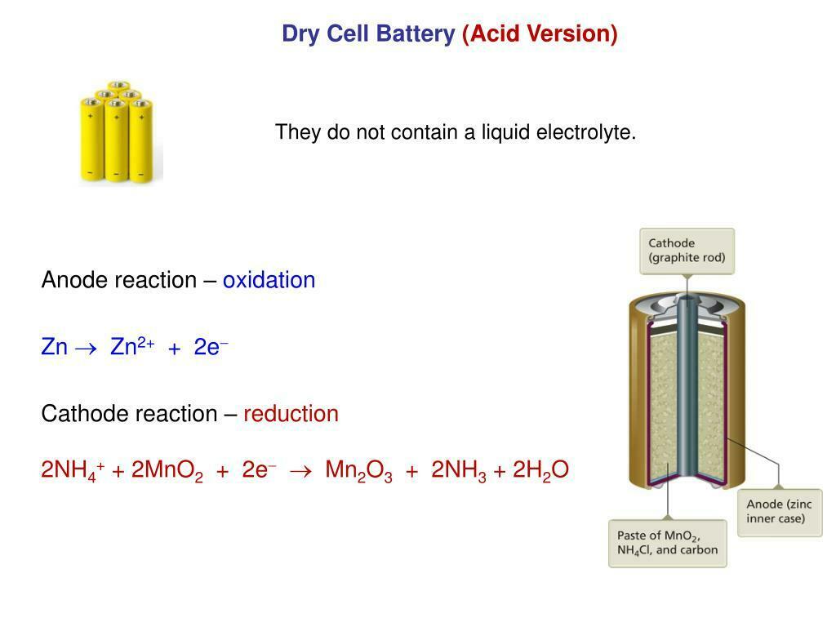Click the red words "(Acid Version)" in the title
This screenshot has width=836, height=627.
click(540, 33)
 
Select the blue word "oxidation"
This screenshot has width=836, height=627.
click(269, 280)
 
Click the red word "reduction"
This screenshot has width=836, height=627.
click(291, 414)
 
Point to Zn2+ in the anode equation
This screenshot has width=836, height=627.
click(132, 346)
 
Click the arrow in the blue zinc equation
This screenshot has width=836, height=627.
click(86, 349)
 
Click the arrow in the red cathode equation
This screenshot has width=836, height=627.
click(300, 471)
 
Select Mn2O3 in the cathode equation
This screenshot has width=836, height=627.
click(359, 470)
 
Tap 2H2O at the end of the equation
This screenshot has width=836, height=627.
click(540, 470)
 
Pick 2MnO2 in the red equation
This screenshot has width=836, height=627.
click(167, 470)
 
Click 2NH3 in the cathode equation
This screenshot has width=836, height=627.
click(459, 470)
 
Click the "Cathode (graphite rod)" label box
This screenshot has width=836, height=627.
click(687, 251)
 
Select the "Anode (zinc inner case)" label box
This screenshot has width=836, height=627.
click(779, 513)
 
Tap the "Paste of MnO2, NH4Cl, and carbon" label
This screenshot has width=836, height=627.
click(668, 543)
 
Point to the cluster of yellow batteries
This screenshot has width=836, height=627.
click(116, 131)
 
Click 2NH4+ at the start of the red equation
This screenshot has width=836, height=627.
click(73, 470)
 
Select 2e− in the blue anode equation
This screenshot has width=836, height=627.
click(211, 347)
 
